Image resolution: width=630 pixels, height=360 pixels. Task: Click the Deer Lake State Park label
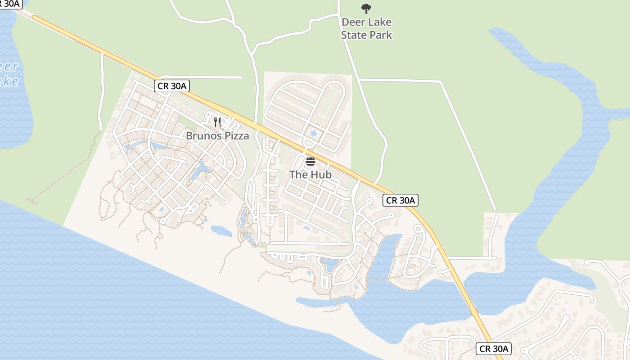click(366, 28)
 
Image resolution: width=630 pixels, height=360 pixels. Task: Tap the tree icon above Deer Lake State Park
click(366, 8)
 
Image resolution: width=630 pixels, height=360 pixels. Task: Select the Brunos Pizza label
click(217, 135)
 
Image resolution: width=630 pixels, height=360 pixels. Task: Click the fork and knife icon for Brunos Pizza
click(217, 122)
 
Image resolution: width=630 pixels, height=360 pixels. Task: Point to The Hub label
click(310, 174)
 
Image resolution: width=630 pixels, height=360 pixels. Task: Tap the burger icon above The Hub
click(310, 161)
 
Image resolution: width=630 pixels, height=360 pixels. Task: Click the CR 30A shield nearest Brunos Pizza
click(171, 86)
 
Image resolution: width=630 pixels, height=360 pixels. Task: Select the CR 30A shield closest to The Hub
click(400, 200)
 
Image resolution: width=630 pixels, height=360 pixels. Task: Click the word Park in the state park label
click(380, 35)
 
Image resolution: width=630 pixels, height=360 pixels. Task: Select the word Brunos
click(202, 135)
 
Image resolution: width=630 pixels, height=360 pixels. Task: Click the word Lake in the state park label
click(380, 22)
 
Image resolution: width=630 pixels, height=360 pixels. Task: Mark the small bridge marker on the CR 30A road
click(474, 312)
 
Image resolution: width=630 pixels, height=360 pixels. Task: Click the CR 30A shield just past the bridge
click(494, 349)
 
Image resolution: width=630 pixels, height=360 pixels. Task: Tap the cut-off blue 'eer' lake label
click(9, 67)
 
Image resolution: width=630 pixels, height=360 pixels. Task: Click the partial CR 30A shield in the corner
click(10, 4)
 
